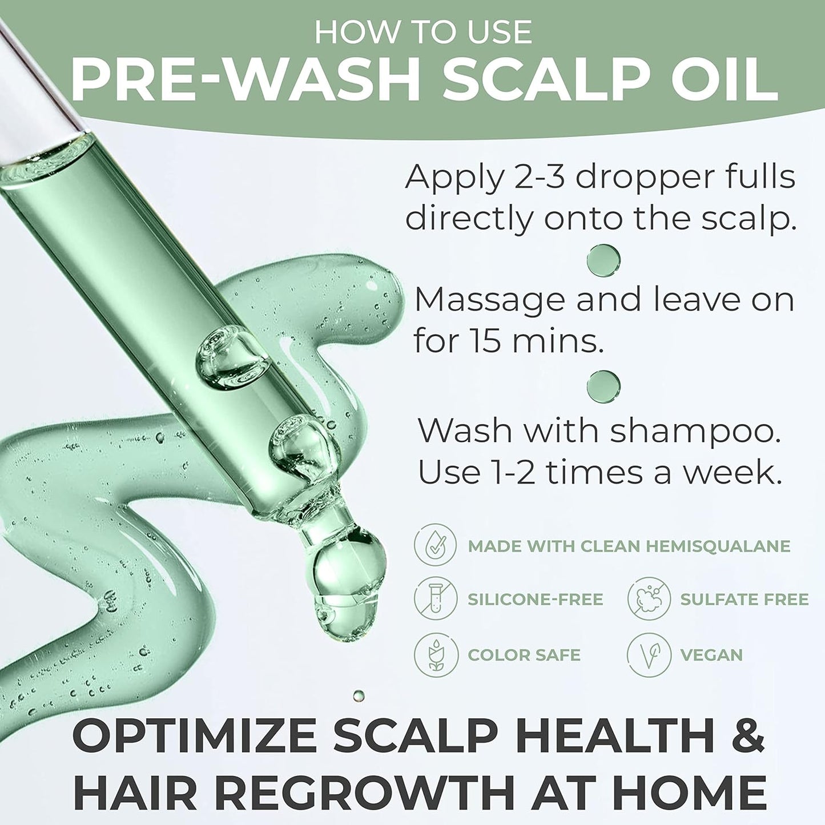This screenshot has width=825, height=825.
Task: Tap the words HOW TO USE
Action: tap(423, 32)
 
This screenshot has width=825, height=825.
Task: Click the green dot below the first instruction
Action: tap(603, 259)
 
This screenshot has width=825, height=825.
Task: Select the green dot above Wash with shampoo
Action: tap(603, 385)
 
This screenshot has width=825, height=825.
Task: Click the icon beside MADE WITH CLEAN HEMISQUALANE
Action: tap(436, 546)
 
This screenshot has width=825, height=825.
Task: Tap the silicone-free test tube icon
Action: tap(436, 599)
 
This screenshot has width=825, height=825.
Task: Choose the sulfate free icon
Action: tap(649, 599)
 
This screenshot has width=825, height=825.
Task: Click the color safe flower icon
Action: tap(436, 655)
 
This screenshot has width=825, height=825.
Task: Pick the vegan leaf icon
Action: tap(649, 655)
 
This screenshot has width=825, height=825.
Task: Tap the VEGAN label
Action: tap(711, 655)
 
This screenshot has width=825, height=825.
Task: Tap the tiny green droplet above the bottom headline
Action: tap(359, 695)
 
